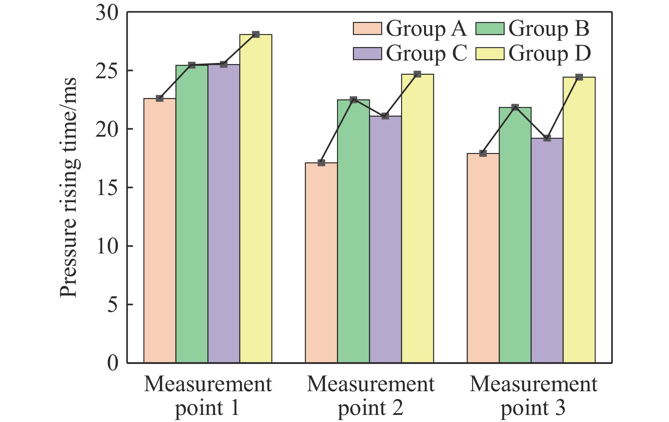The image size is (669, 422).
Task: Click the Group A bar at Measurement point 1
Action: pyautogui.click(x=160, y=230)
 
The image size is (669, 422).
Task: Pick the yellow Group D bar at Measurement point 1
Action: pyautogui.click(x=256, y=199)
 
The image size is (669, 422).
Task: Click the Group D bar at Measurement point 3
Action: pyautogui.click(x=579, y=220)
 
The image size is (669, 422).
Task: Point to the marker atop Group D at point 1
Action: pyautogui.click(x=256, y=34)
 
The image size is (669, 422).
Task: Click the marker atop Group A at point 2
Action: pyautogui.click(x=321, y=163)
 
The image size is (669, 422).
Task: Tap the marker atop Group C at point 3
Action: pyautogui.click(x=547, y=138)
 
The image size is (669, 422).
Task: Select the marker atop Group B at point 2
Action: pyautogui.click(x=353, y=100)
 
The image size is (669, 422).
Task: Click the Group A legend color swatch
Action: pyautogui.click(x=367, y=29)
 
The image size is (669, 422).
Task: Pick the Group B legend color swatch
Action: pyautogui.click(x=490, y=29)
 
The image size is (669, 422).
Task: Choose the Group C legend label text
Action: pyautogui.click(x=426, y=53)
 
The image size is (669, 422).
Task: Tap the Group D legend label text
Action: pyautogui.click(x=549, y=53)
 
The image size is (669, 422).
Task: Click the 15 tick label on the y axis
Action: pyautogui.click(x=107, y=188)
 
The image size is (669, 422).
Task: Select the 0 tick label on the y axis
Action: pyautogui.click(x=113, y=363)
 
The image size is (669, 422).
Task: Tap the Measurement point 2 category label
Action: pyautogui.click(x=370, y=396)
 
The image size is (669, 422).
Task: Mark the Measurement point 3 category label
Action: pyautogui.click(x=533, y=396)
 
